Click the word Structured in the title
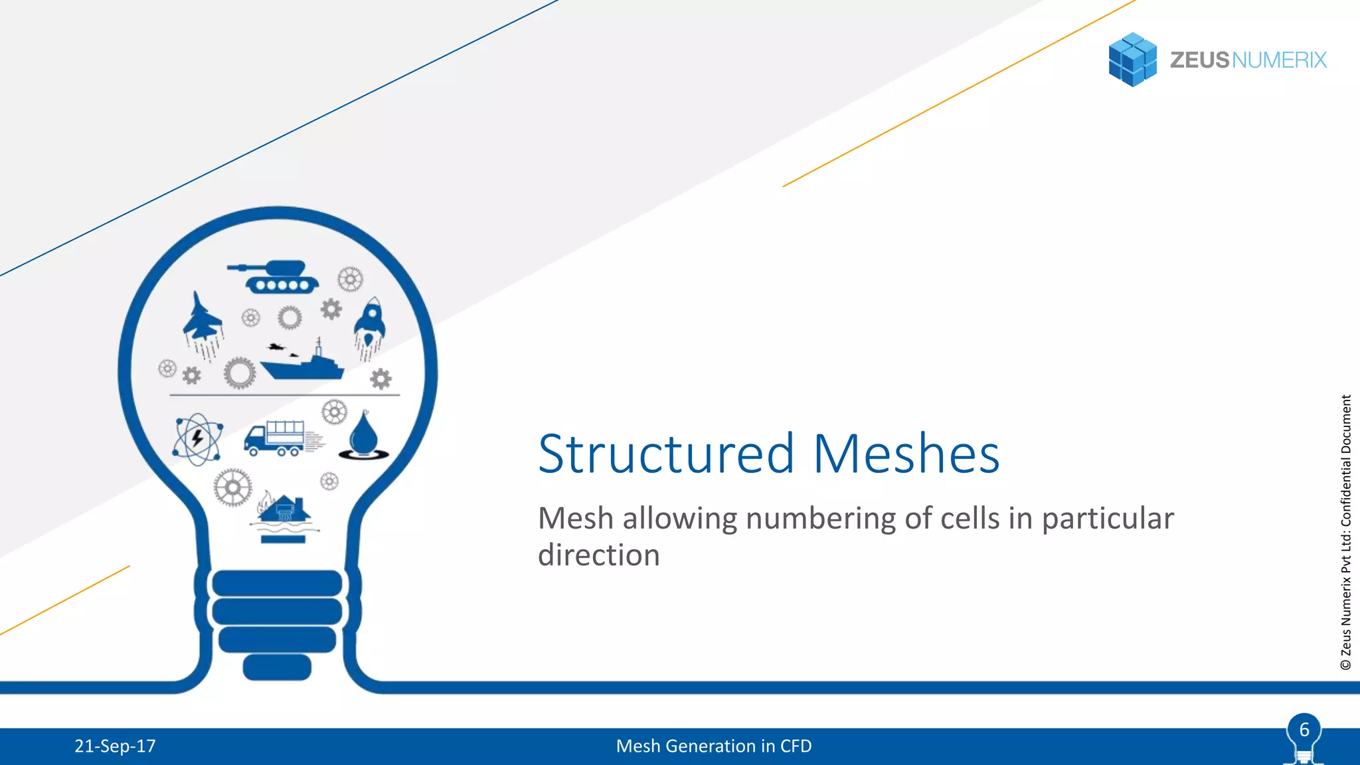(666, 454)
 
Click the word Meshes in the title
(906, 454)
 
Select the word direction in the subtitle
(598, 555)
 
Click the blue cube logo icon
(1132, 60)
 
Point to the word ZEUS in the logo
(1199, 60)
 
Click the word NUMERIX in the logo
(1279, 60)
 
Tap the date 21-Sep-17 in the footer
(115, 746)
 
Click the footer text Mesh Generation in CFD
(714, 746)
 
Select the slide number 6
(1304, 730)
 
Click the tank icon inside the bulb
(274, 276)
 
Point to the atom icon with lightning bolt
(197, 439)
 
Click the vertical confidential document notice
(1346, 531)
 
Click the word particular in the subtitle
(1107, 519)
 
